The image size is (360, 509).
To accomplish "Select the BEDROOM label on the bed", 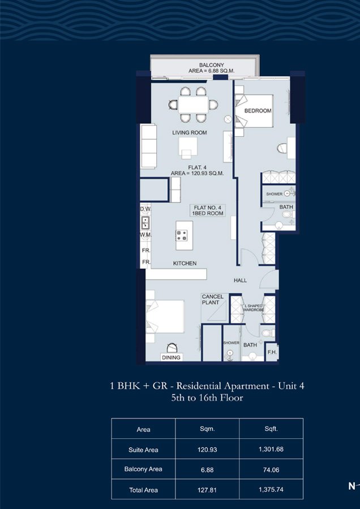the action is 258,111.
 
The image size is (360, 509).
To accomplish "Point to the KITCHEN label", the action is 185,263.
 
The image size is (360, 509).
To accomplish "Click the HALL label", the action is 240,281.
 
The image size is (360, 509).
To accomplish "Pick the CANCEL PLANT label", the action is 213,299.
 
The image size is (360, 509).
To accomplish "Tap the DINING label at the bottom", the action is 172,357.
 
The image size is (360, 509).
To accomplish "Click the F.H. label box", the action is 272,352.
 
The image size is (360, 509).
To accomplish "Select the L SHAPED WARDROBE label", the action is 254,308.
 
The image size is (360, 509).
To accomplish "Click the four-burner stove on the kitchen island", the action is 182,235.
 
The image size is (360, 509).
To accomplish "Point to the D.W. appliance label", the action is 145,210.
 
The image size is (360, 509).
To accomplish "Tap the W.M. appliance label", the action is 145,235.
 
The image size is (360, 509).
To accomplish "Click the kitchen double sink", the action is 145,222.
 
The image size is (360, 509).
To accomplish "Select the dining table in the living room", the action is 194,105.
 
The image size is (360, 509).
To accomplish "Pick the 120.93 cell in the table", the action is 207,449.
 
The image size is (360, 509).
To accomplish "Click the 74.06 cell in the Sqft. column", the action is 271,469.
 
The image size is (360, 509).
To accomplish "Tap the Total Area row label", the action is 143,490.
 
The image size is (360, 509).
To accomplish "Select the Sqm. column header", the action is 207,429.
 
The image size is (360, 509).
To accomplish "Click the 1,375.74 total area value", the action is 271,490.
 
